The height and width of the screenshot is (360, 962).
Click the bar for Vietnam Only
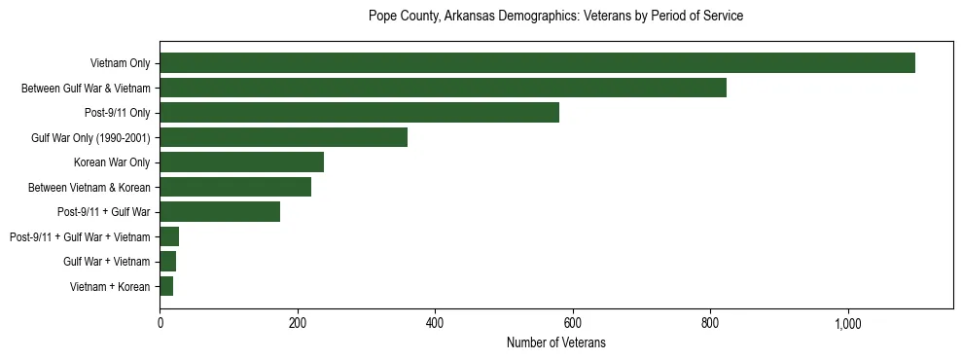(537, 63)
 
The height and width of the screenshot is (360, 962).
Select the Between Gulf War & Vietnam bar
(443, 89)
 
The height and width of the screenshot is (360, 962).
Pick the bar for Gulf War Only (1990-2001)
(283, 137)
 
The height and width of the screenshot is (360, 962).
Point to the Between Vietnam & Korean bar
(235, 187)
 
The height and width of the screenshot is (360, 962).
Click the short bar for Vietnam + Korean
(166, 286)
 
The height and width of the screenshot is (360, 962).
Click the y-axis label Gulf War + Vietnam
(106, 262)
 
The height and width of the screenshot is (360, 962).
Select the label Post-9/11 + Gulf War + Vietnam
(80, 237)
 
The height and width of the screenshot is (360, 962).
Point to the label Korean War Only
(112, 162)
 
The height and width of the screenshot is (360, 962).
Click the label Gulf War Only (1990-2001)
(90, 138)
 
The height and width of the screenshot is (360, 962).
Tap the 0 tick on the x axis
(160, 324)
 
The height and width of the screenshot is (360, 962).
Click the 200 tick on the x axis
(298, 324)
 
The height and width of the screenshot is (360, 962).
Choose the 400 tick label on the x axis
(435, 324)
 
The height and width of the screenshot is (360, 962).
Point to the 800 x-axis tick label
(710, 324)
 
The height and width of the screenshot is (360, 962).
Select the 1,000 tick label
(847, 324)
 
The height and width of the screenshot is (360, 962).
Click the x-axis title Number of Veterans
(555, 343)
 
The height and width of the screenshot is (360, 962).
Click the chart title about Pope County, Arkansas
(555, 17)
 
